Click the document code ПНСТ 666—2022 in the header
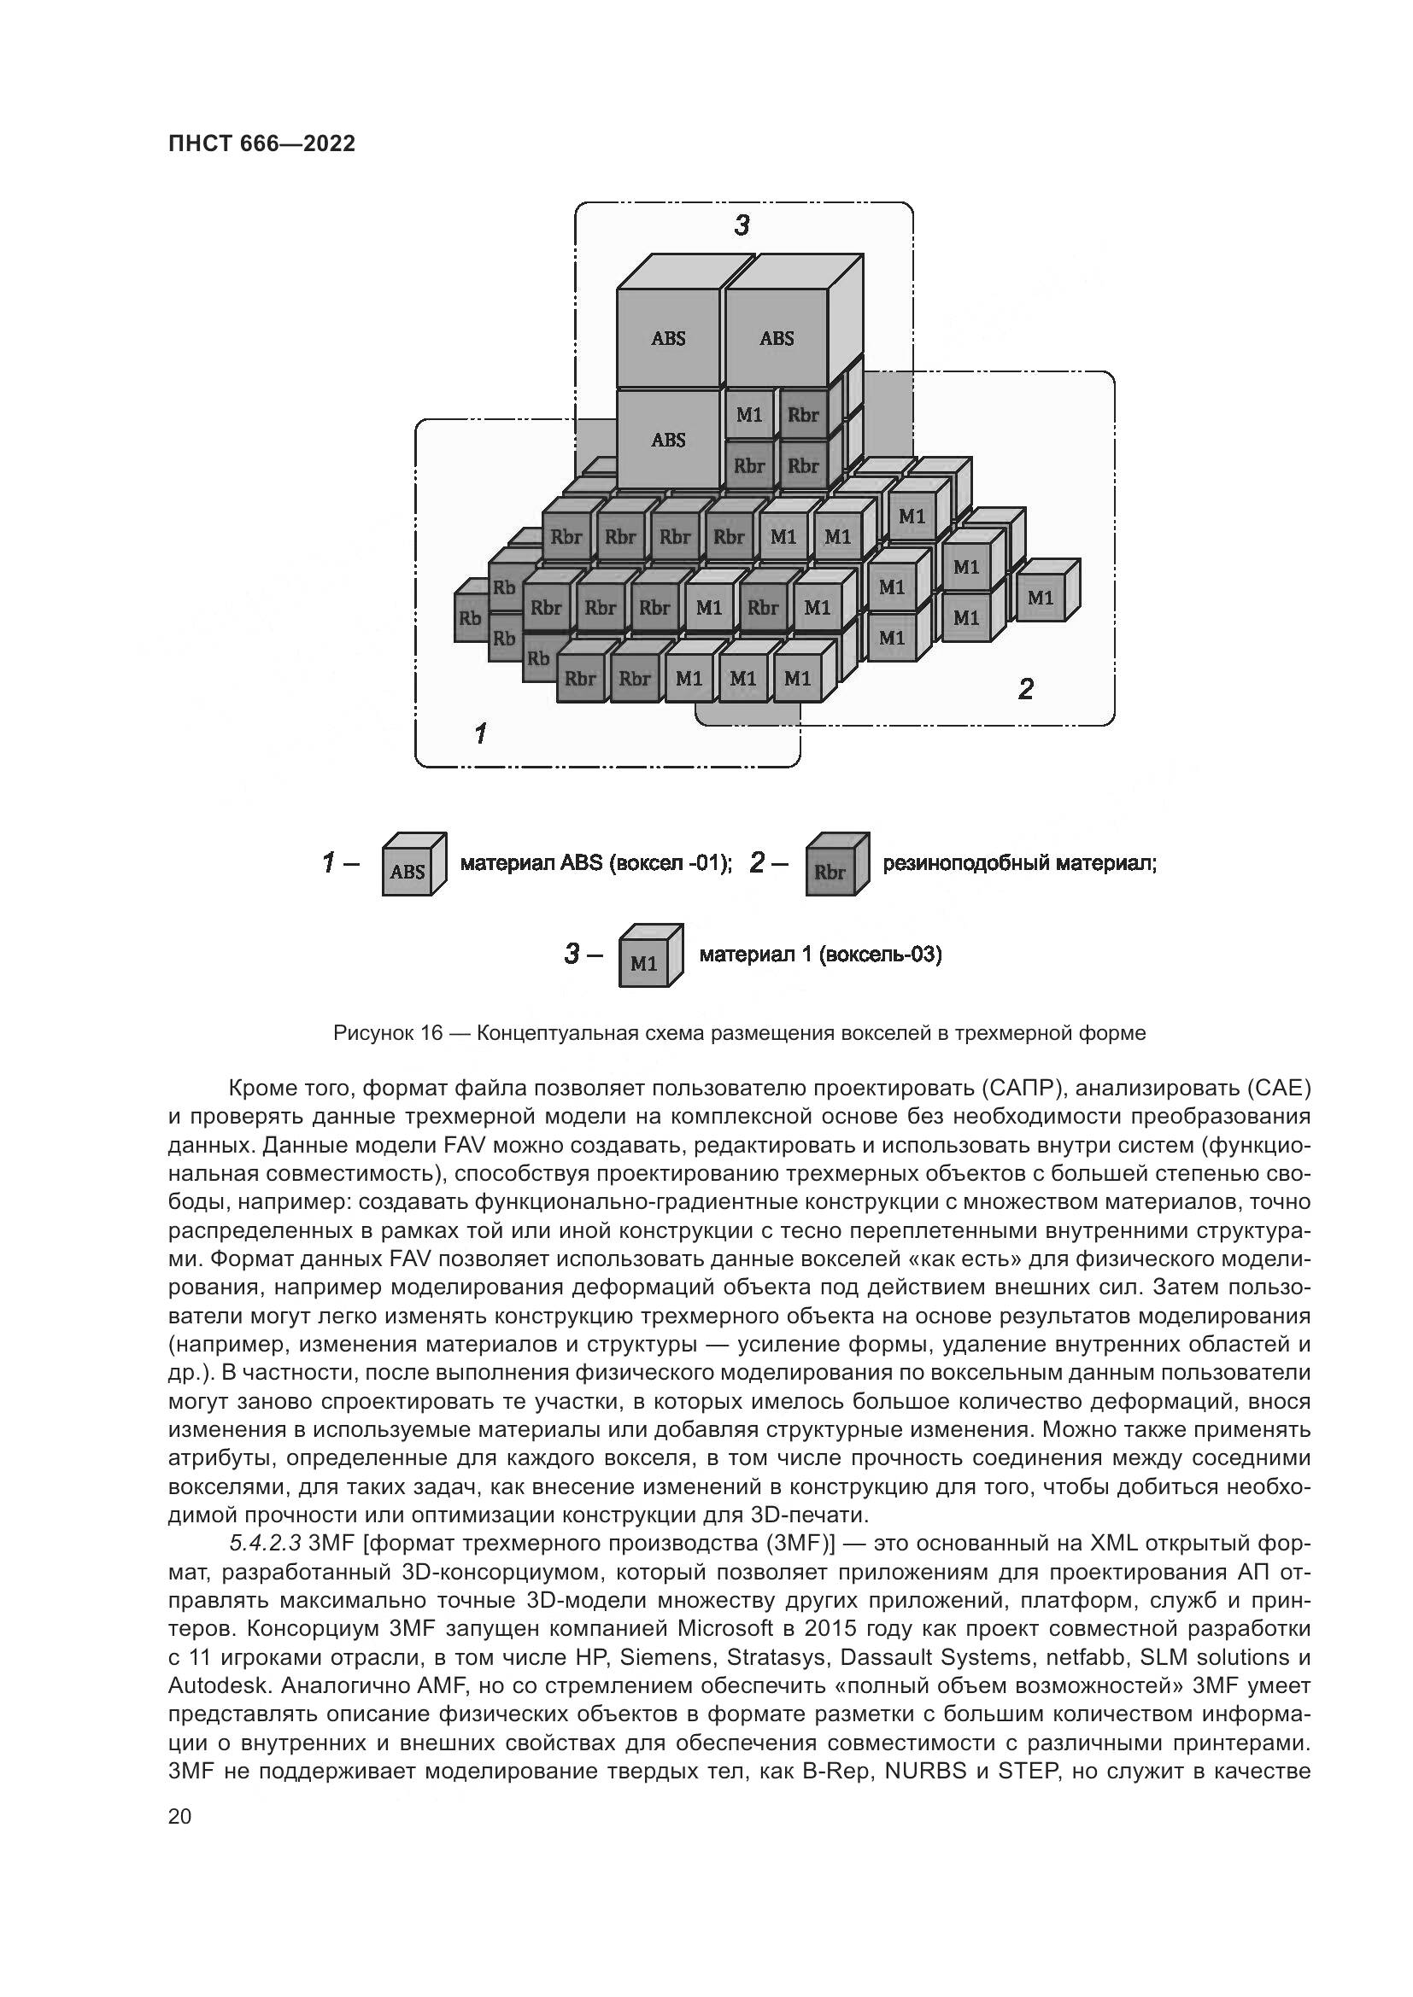pos(261,143)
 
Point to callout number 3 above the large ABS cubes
pos(742,226)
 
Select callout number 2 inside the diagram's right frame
pos(1026,690)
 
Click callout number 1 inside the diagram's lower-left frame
pos(479,733)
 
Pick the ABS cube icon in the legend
pos(413,865)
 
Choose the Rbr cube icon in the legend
pos(836,865)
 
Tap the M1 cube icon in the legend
pos(650,956)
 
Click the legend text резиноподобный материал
pos(1020,864)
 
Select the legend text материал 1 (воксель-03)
pos(820,955)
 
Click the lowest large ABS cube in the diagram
pos(668,440)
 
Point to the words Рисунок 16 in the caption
pos(388,1033)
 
